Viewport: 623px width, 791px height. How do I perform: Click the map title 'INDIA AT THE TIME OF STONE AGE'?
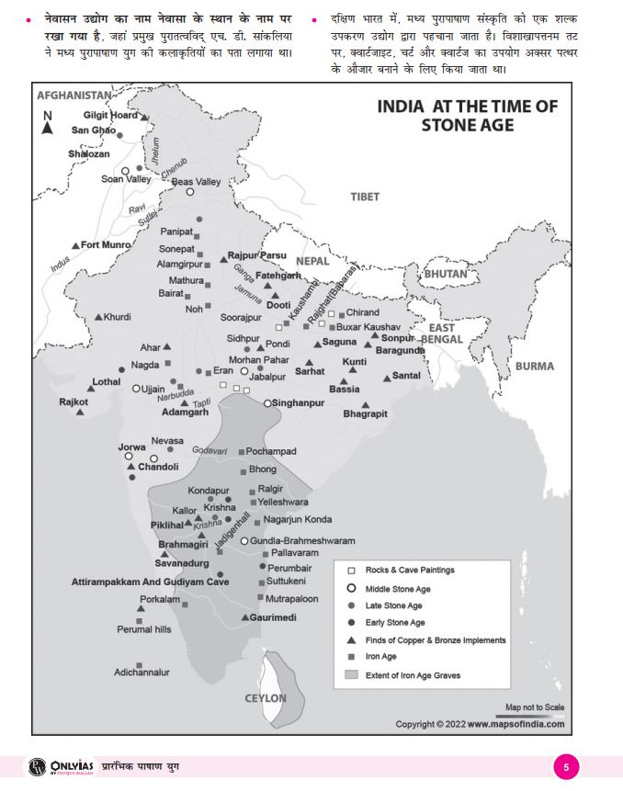click(x=467, y=115)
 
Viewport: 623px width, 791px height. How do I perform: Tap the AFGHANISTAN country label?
click(x=74, y=96)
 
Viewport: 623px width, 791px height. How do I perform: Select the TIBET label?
click(x=365, y=197)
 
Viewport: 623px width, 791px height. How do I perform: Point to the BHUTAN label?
click(x=446, y=274)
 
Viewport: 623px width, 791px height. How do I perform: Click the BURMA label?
click(x=534, y=366)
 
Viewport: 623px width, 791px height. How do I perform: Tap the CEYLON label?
click(x=266, y=698)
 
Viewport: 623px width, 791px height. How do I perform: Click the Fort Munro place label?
click(x=106, y=245)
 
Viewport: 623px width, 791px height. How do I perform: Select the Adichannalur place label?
click(x=142, y=672)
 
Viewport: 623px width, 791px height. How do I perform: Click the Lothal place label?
click(x=106, y=381)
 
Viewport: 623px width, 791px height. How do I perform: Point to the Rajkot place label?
click(x=74, y=401)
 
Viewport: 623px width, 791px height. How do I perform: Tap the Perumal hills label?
click(x=143, y=629)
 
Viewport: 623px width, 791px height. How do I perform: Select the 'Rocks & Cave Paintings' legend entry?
click(x=409, y=571)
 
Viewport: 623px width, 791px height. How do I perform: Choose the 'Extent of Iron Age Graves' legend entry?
click(x=413, y=675)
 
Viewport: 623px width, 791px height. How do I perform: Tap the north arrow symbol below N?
click(x=47, y=130)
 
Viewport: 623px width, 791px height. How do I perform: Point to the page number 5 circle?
click(x=566, y=767)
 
